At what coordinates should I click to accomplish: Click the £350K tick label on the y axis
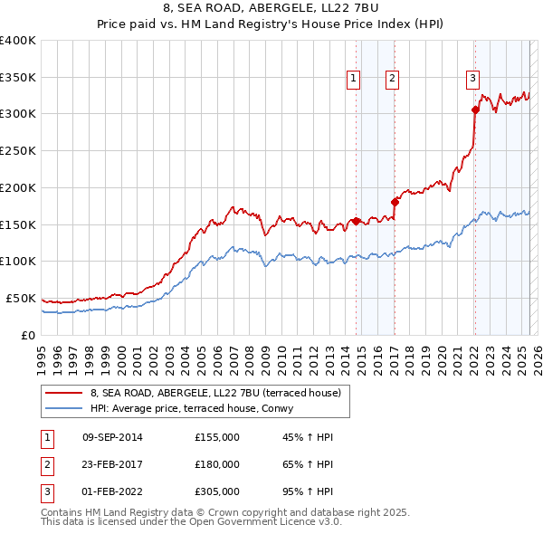coord(18,78)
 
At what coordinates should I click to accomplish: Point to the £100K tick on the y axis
coord(18,262)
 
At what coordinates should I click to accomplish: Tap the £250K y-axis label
coord(18,151)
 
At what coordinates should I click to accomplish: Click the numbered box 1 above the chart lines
coord(353,79)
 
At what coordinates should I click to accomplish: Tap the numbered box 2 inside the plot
coord(392,79)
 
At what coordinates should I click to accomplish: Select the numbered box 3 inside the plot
coord(472,79)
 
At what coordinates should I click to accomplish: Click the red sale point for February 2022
coord(475,110)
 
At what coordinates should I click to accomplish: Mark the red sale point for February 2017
coord(395,202)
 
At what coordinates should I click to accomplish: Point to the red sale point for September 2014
coord(356,220)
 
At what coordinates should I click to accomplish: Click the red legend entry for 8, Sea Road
coord(215,393)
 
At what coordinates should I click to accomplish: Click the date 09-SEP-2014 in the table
coord(112,437)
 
